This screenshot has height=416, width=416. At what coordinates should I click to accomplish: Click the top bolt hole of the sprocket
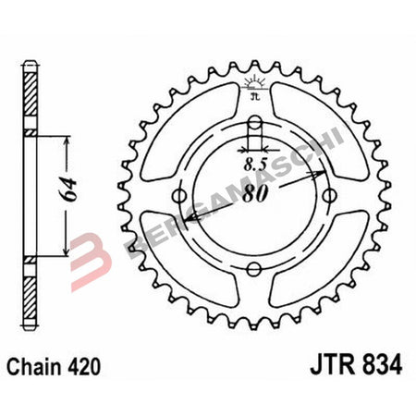(x=255, y=126)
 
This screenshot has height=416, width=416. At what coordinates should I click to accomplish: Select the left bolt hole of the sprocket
(x=182, y=196)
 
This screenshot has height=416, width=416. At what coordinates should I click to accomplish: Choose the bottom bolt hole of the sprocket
(x=255, y=269)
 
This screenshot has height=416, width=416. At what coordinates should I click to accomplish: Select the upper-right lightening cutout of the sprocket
(x=321, y=129)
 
